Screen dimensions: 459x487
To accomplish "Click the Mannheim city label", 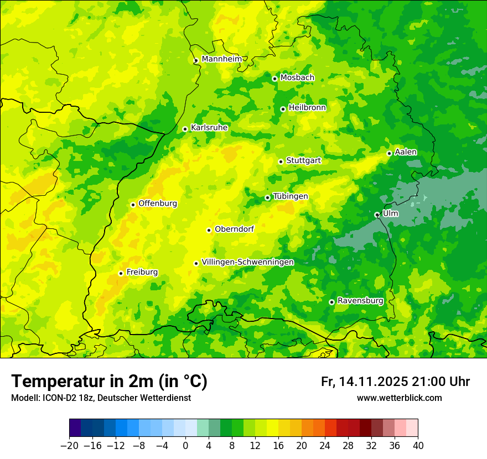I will (221, 59).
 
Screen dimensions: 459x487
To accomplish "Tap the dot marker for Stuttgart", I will (281, 161).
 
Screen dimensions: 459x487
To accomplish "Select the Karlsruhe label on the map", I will (209, 128).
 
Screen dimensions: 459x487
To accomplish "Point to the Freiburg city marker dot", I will (121, 273).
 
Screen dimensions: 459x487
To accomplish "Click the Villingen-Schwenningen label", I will (247, 262).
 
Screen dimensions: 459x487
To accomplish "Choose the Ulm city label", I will (390, 213).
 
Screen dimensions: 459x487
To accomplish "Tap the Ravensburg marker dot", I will (331, 302).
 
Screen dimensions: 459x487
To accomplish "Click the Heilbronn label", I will (307, 108).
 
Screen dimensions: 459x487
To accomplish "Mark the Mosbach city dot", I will (274, 79).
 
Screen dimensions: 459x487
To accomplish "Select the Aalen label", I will (406, 152).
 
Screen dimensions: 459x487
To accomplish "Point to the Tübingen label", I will (291, 196).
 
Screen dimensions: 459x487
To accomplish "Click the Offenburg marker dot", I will (133, 205).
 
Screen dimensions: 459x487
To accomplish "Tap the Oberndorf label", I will (234, 229).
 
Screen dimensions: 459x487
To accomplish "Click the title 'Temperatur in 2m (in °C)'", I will (109, 381).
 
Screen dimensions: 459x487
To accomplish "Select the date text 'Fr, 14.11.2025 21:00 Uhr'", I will (395, 382).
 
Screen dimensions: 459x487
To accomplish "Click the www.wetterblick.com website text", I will (399, 398).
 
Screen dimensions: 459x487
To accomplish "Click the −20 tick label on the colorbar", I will (69, 446).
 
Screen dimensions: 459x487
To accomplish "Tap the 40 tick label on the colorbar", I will (418, 446).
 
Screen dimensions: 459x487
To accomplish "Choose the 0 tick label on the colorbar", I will (185, 446).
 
